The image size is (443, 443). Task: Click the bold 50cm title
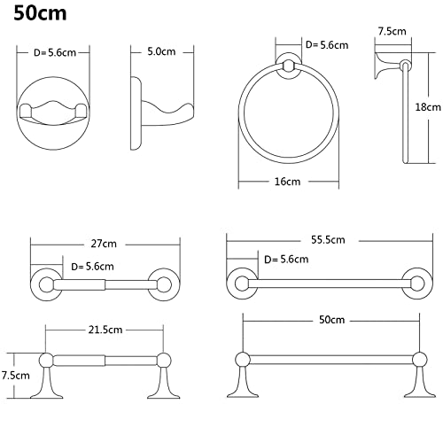click(40, 13)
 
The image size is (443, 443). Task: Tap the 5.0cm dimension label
click(161, 51)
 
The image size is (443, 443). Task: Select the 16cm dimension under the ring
click(287, 182)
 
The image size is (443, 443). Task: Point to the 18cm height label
click(428, 106)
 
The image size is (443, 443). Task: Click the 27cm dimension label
click(104, 244)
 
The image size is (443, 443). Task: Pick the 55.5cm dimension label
click(328, 239)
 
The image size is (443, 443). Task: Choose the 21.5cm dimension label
click(105, 330)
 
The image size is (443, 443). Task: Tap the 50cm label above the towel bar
click(331, 320)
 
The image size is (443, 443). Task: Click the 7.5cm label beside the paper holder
click(16, 376)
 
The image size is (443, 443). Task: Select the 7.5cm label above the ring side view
click(392, 31)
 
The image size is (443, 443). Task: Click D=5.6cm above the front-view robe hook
click(55, 52)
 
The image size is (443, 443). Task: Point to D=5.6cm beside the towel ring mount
click(327, 45)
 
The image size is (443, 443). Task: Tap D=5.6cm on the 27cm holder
click(92, 267)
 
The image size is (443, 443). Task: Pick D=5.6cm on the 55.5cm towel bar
click(286, 260)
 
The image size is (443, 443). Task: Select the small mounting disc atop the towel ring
click(289, 66)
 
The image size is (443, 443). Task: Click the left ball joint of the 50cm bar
click(243, 360)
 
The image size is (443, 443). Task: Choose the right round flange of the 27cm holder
click(164, 285)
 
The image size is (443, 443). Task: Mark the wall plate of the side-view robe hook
click(136, 113)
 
